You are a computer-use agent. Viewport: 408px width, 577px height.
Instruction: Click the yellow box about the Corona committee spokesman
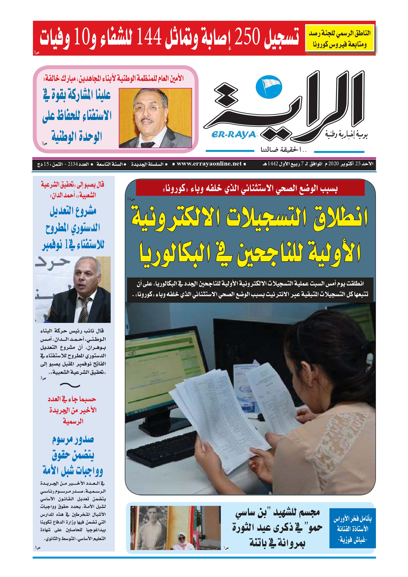339,38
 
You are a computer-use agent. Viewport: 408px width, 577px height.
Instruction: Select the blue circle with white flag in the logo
269,87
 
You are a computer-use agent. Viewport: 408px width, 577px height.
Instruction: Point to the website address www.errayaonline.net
209,164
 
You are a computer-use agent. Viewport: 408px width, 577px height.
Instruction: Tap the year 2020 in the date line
334,164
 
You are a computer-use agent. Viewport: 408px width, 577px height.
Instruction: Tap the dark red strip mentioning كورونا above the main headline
250,188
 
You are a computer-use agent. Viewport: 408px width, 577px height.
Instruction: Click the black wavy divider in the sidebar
70,385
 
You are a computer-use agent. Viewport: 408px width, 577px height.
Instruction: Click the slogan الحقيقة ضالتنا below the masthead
283,150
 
